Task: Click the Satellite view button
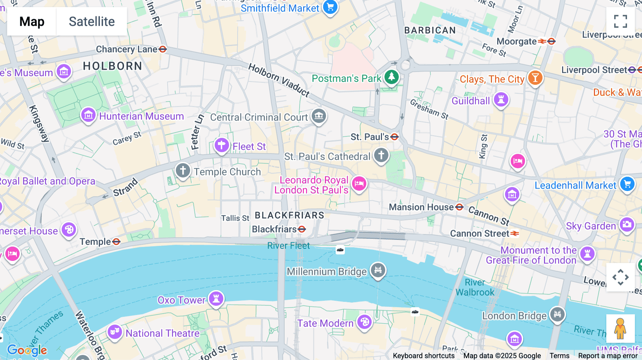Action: tap(92, 22)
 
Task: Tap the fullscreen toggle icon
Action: tap(620, 21)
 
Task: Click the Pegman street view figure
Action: tap(620, 328)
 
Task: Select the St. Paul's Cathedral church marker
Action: tap(381, 155)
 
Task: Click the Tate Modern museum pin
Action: tap(364, 322)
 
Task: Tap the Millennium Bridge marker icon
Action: tap(378, 270)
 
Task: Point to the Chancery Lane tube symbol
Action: tap(163, 49)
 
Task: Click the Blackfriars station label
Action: tap(274, 229)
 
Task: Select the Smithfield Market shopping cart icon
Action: tap(330, 7)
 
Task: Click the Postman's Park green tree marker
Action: tap(391, 77)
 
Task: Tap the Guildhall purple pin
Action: tap(501, 99)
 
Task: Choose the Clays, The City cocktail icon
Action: tap(535, 78)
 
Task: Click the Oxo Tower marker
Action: tap(216, 299)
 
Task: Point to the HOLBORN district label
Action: tap(112, 66)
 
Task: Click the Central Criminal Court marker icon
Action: tap(319, 116)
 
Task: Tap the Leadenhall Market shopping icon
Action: tap(627, 184)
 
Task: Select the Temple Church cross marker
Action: tap(183, 170)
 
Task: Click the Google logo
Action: tap(27, 350)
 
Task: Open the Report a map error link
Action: tap(607, 356)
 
